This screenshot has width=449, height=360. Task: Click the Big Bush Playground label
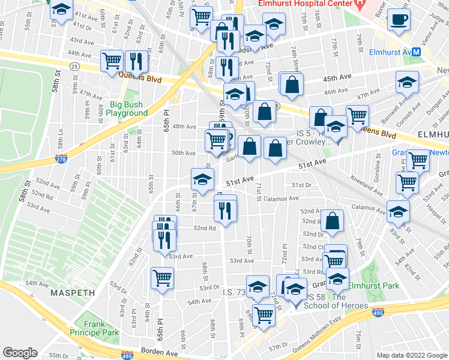point(127,109)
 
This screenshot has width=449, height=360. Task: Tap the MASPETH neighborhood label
point(73,293)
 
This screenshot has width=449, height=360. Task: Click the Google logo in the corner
point(20,353)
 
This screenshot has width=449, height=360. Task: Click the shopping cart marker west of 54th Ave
point(162,278)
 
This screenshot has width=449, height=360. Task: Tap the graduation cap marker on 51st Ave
point(202,179)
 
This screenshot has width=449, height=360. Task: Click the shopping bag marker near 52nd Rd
point(332,221)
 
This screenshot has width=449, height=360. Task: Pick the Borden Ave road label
point(158,350)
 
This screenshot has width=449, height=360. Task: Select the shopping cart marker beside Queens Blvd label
point(112,61)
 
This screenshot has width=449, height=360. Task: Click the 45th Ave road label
point(337,78)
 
